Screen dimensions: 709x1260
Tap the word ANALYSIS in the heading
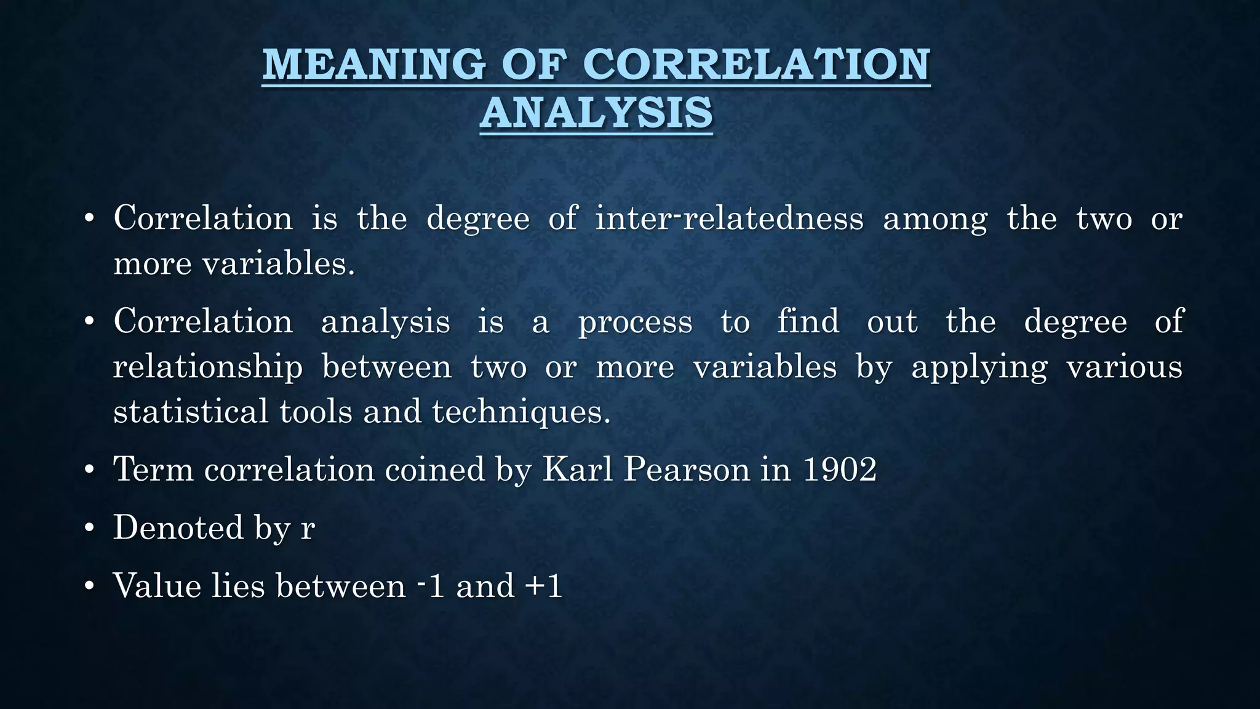(596, 113)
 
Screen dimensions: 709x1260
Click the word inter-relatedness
(729, 218)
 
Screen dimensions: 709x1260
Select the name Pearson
(686, 470)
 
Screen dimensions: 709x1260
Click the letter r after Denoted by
(308, 529)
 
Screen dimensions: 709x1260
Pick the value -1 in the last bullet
(431, 585)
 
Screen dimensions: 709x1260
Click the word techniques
(521, 412)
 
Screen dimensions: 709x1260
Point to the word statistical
(191, 412)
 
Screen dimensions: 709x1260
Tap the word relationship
(208, 368)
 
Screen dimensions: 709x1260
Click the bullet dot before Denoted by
(90, 529)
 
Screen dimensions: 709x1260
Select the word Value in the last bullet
(157, 585)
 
